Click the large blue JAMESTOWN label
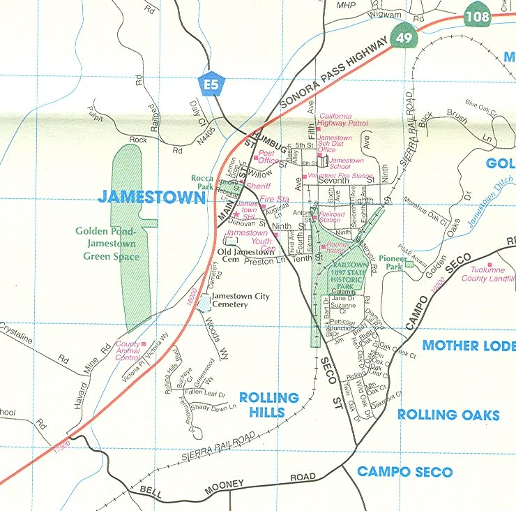point(152,196)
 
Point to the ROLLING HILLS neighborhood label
point(268,405)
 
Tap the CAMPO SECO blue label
point(404,472)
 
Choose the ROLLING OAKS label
point(448,415)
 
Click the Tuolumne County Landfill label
point(487,274)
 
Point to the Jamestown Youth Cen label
point(247,237)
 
